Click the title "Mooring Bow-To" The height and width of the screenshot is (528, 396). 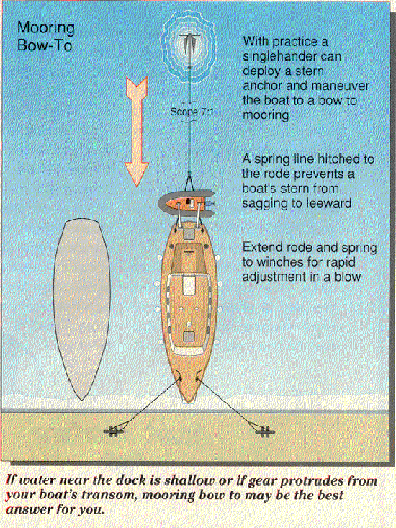[x=46, y=36]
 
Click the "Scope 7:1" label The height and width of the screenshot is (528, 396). [x=192, y=112]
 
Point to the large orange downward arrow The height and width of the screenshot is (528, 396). [x=137, y=130]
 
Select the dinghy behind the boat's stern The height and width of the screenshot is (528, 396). [x=186, y=203]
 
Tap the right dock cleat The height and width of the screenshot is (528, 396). [x=265, y=431]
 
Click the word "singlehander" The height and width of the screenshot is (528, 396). [x=292, y=56]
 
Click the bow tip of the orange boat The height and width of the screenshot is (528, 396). [x=189, y=402]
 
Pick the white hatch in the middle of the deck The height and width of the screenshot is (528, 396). [x=189, y=285]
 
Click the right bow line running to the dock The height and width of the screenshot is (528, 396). [x=228, y=404]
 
